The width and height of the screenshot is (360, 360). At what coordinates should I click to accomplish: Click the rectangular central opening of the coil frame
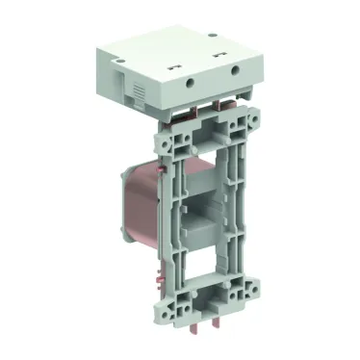click(211, 206)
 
